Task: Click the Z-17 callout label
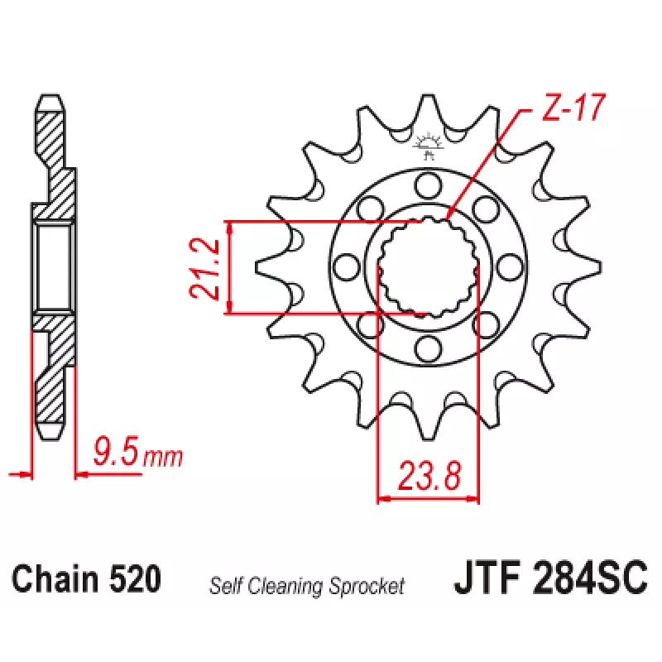pyautogui.click(x=573, y=108)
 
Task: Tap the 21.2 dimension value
pyautogui.click(x=204, y=269)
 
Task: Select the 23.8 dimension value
pyautogui.click(x=429, y=476)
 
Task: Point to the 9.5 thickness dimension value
pyautogui.click(x=116, y=451)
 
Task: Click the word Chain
pyautogui.click(x=56, y=578)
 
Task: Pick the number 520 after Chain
pyautogui.click(x=136, y=578)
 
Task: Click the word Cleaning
pyautogui.click(x=286, y=586)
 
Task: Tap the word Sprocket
pyautogui.click(x=367, y=586)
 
